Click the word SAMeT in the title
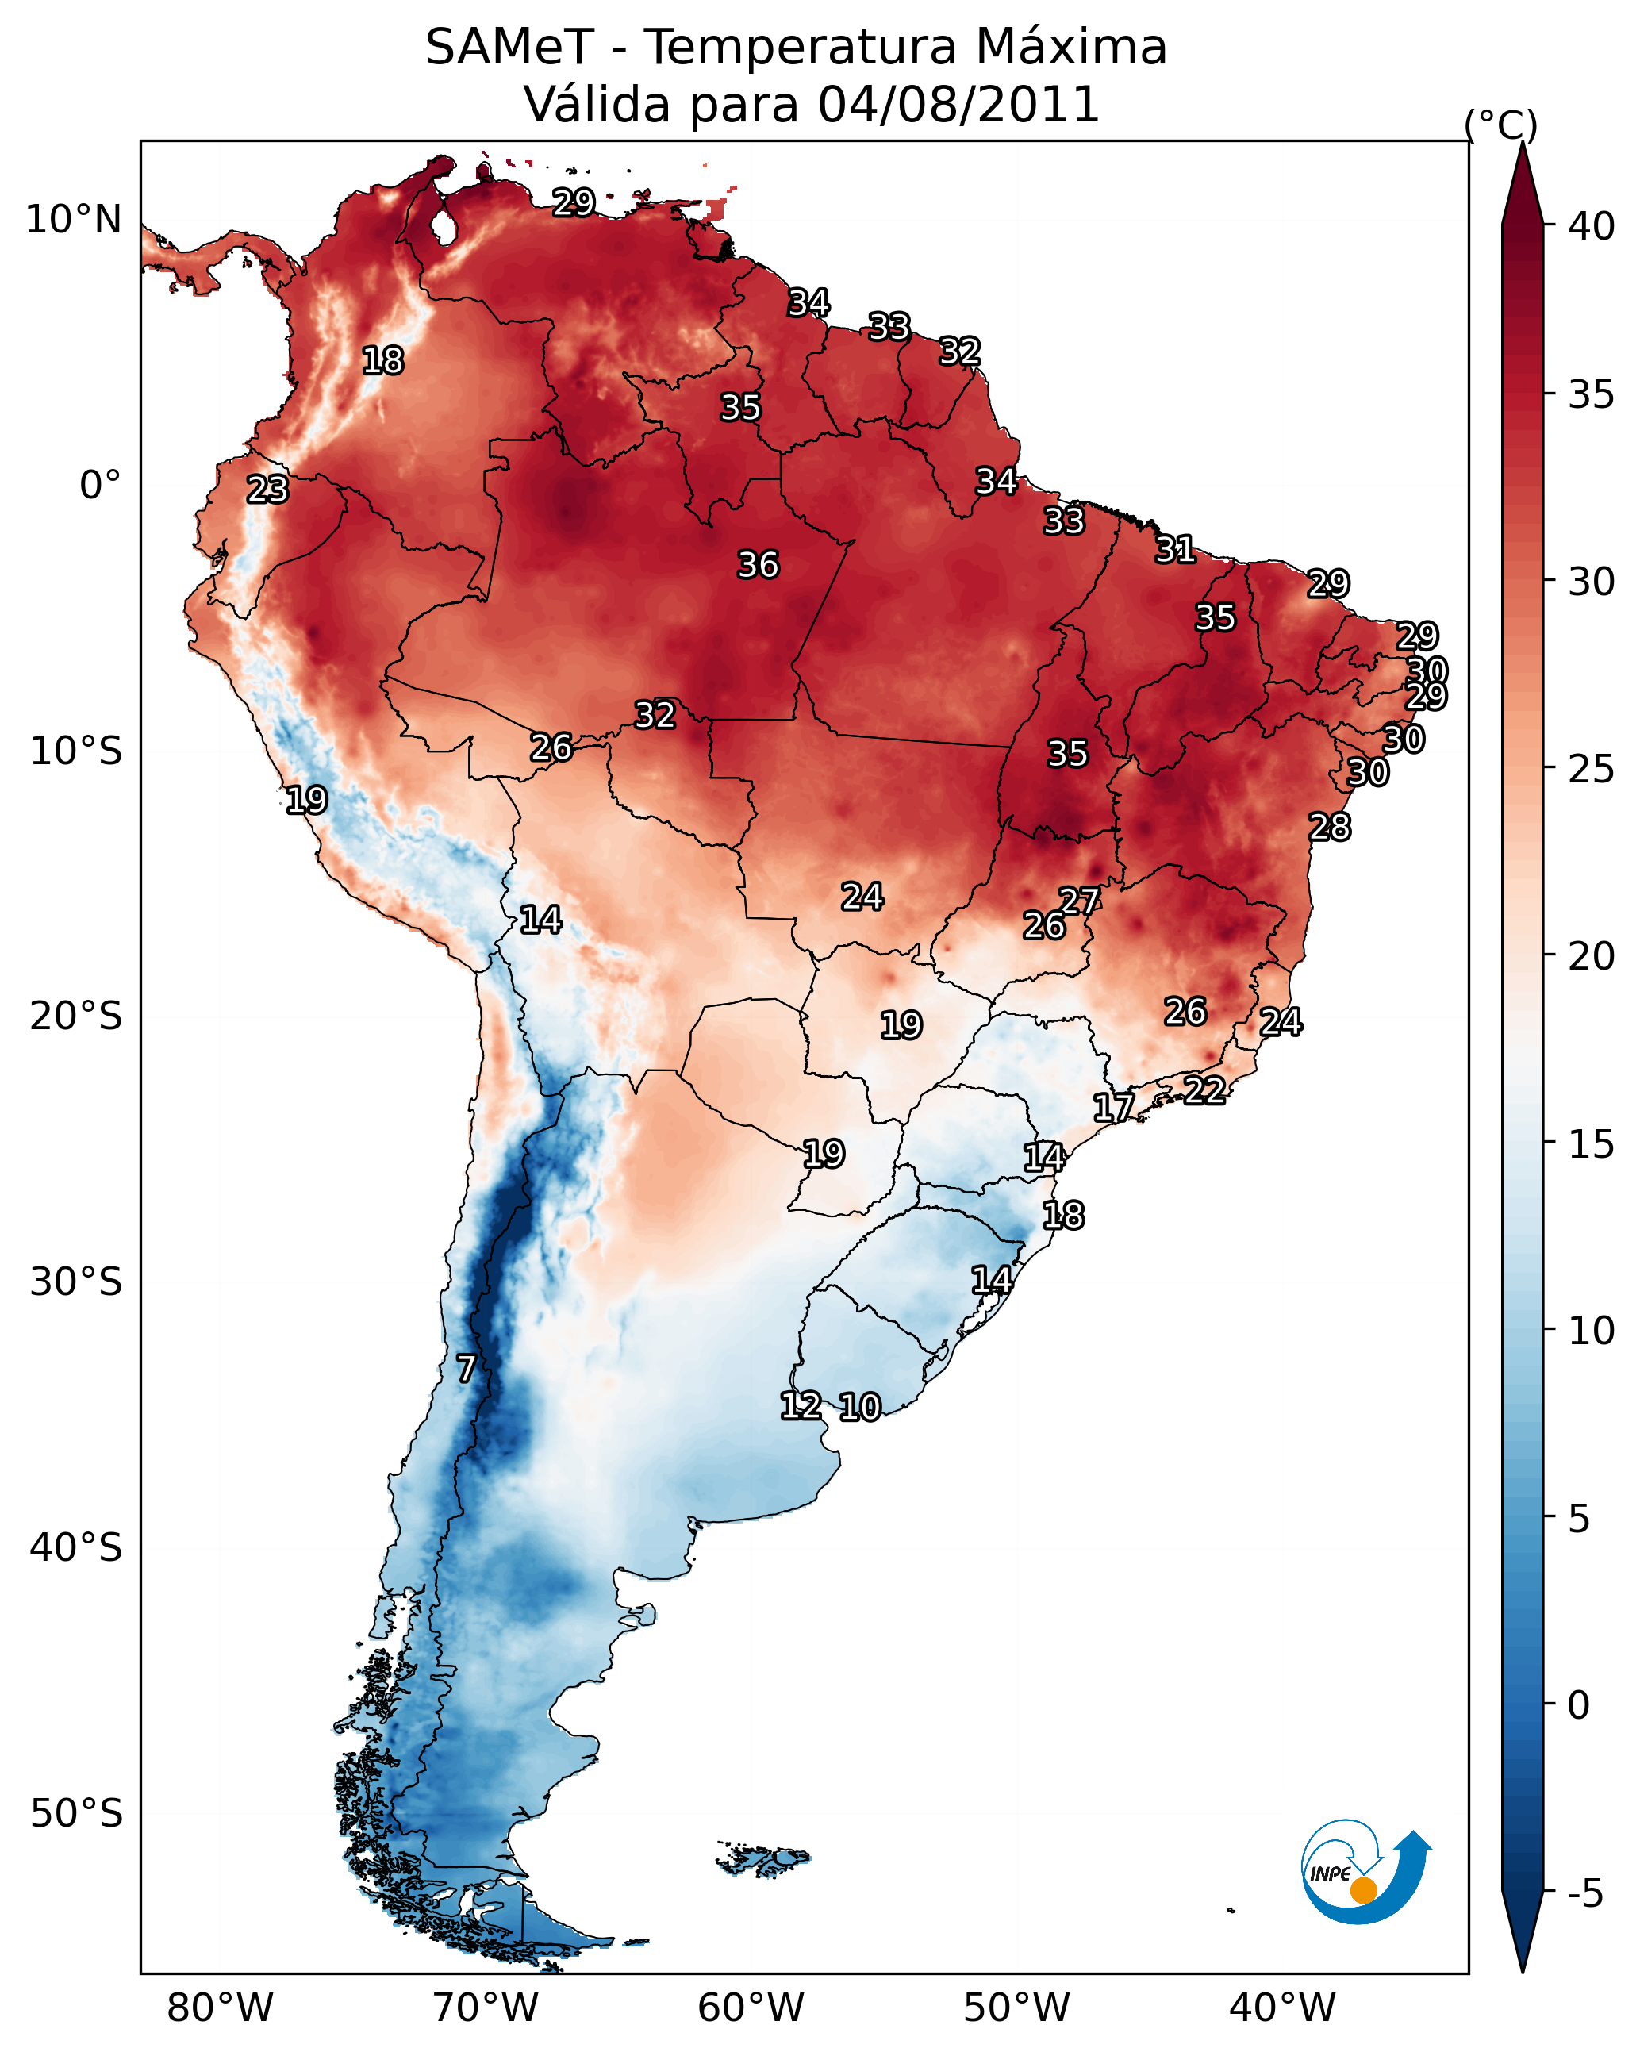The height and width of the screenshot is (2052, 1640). coord(509,48)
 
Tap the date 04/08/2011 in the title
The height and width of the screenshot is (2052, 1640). coord(958,105)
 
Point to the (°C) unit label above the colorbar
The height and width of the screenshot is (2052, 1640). coord(1500,125)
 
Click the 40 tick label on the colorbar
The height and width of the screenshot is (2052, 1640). coord(1591,226)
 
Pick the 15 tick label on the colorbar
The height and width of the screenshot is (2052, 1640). coord(1591,1144)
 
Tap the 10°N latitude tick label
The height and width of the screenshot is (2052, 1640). coord(73,220)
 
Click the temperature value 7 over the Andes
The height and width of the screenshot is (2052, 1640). coord(466,1369)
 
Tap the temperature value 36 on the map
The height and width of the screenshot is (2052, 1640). coord(758,565)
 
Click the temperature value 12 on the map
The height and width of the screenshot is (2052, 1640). coord(801,1406)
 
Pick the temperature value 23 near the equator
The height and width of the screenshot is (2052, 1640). coord(267,490)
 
